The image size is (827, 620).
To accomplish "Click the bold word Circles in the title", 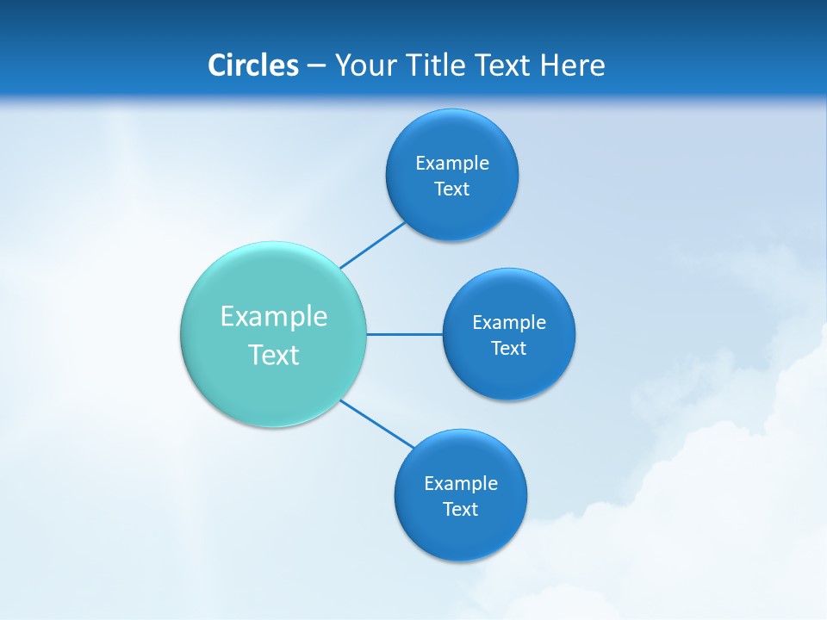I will coord(252,65).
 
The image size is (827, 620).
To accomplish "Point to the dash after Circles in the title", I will coord(316,66).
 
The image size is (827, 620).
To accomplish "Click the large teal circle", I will coord(274,387).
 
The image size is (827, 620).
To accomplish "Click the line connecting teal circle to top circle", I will coord(373,245).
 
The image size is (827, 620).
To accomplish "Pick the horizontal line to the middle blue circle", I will coord(405,334).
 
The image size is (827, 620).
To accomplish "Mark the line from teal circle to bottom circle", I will coord(377,424).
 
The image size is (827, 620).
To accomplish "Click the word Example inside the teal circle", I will coord(274,316).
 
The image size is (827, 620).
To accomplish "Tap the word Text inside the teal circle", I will coord(274,355).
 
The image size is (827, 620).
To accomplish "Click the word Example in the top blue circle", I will coord(451,163).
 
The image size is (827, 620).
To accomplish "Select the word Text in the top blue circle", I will coord(451,189).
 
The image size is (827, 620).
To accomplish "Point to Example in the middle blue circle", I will coord(508,322).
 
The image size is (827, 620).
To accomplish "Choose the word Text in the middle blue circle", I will coord(508,348).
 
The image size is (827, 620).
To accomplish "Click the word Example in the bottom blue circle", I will coord(460,483).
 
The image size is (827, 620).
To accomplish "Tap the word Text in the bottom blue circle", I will coord(460,509).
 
